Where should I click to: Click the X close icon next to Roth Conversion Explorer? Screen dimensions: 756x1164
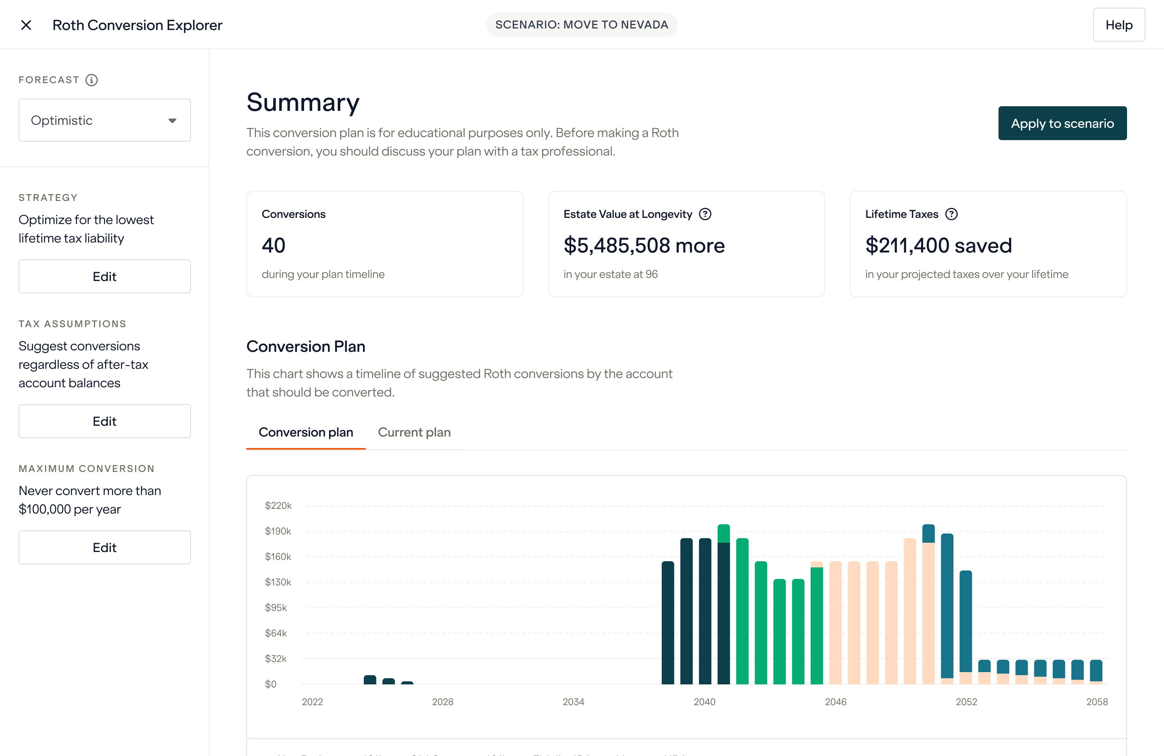click(27, 25)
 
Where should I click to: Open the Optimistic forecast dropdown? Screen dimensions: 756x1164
click(105, 120)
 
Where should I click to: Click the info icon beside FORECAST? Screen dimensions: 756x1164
click(92, 80)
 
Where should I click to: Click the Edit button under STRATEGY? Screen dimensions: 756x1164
click(105, 276)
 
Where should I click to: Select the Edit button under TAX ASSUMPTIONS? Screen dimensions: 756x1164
click(105, 421)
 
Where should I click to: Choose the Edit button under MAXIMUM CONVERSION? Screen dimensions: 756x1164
click(105, 547)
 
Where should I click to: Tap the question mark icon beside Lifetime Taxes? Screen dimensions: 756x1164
click(951, 214)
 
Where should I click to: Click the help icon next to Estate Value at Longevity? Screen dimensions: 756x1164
click(705, 214)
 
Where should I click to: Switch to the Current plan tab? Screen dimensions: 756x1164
click(414, 432)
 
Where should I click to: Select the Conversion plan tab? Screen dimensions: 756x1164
click(306, 432)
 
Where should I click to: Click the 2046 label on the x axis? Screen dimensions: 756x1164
click(835, 702)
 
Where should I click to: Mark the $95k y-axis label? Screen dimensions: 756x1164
click(276, 608)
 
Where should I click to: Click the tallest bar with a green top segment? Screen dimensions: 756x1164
click(723, 534)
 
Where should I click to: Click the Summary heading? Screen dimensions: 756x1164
click(303, 103)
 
